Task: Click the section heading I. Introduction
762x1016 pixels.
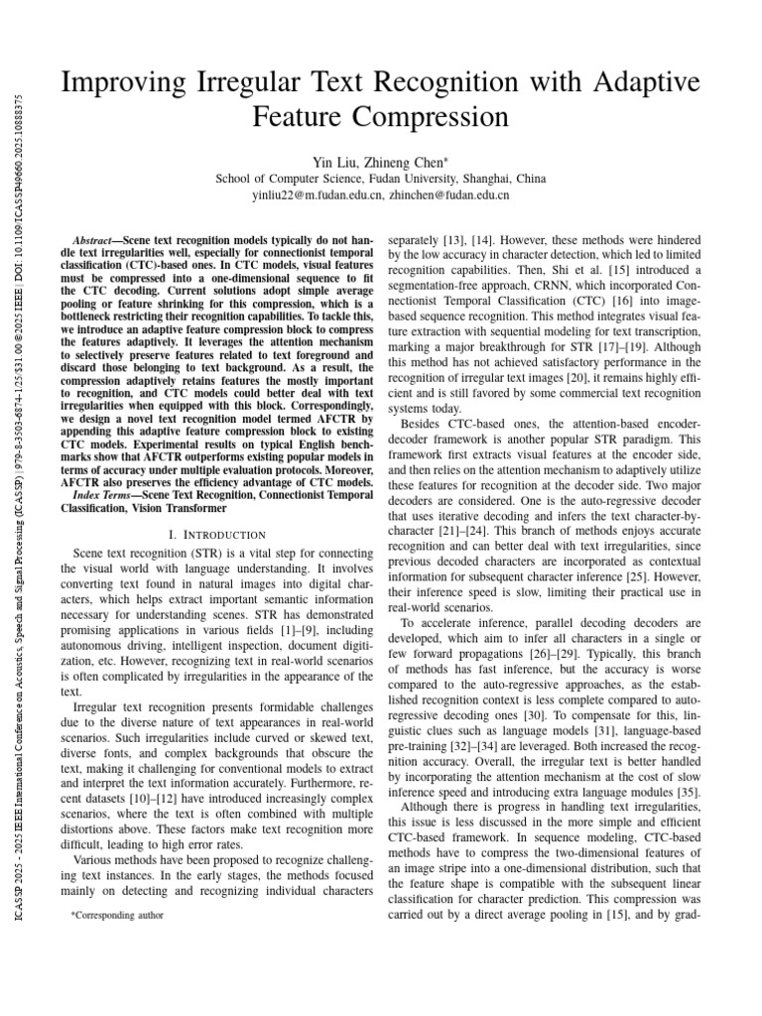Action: pyautogui.click(x=208, y=534)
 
